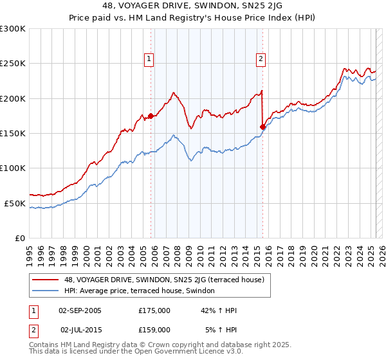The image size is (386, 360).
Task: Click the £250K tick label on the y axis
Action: pos(13,64)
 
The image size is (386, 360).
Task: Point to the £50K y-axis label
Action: pos(15,203)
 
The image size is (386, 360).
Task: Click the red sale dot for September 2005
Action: pos(151,116)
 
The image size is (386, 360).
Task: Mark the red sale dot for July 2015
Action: pos(262,127)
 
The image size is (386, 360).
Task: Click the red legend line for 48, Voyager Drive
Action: pos(46,280)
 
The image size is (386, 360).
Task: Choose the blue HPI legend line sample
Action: pos(46,291)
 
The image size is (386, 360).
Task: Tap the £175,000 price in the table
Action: pos(154,310)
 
